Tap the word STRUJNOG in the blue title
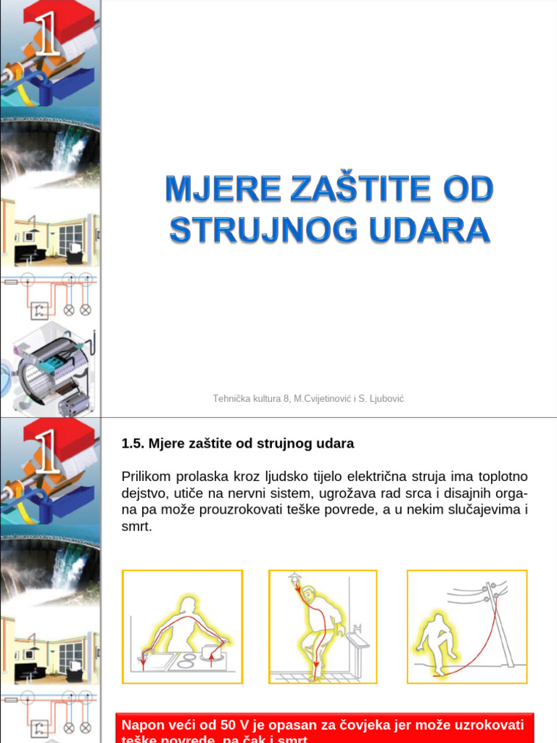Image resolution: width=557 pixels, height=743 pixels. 264,230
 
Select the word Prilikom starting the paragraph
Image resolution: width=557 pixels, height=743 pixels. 147,477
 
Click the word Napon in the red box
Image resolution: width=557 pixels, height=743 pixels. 142,725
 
